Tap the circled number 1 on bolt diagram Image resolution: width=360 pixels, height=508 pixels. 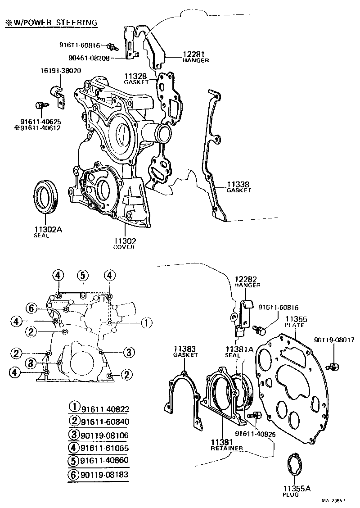pyautogui.click(x=145, y=322)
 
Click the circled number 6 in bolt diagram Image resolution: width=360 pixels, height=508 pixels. pyautogui.click(x=31, y=308)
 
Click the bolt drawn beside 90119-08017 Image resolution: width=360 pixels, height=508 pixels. pyautogui.click(x=334, y=366)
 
